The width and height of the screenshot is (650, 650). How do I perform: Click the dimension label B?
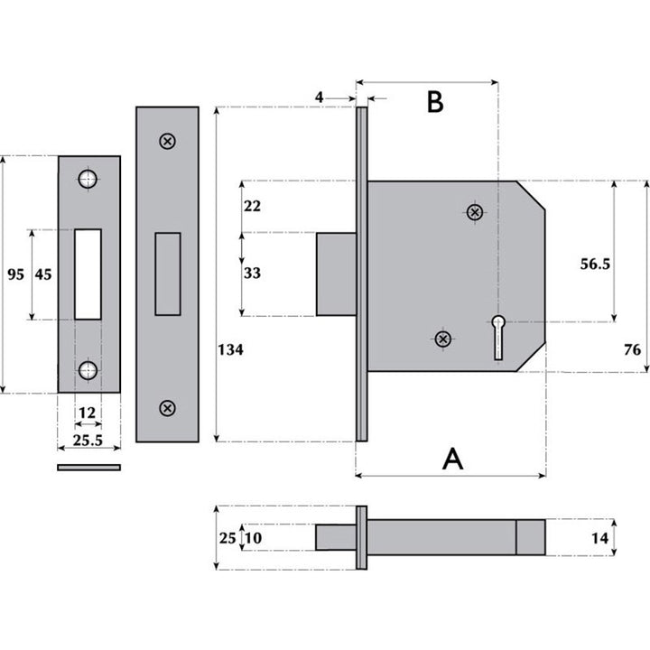tap(434, 102)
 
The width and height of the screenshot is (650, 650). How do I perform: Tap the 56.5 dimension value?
tap(594, 264)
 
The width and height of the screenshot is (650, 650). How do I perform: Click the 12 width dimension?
tap(88, 413)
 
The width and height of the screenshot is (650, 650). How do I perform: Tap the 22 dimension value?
tap(252, 206)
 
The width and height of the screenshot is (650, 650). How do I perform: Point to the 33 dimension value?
tap(252, 273)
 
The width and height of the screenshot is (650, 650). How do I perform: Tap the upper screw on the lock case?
tap(475, 212)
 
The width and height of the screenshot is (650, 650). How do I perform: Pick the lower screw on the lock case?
tap(442, 339)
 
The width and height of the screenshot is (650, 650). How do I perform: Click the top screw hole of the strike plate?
tap(88, 179)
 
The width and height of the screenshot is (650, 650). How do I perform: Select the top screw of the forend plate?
tap(167, 141)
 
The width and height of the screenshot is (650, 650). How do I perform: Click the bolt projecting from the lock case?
tap(335, 274)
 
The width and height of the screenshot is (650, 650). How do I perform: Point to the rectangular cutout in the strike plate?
tap(88, 274)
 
